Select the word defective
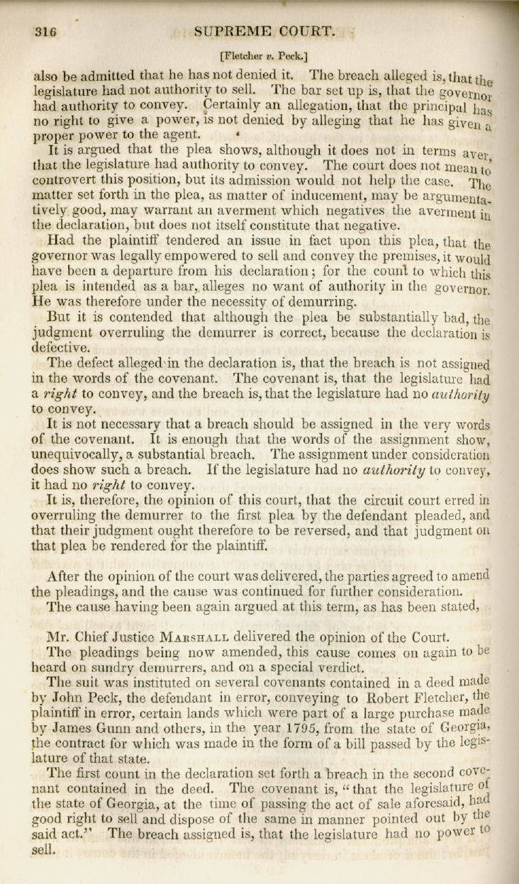coord(60,348)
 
